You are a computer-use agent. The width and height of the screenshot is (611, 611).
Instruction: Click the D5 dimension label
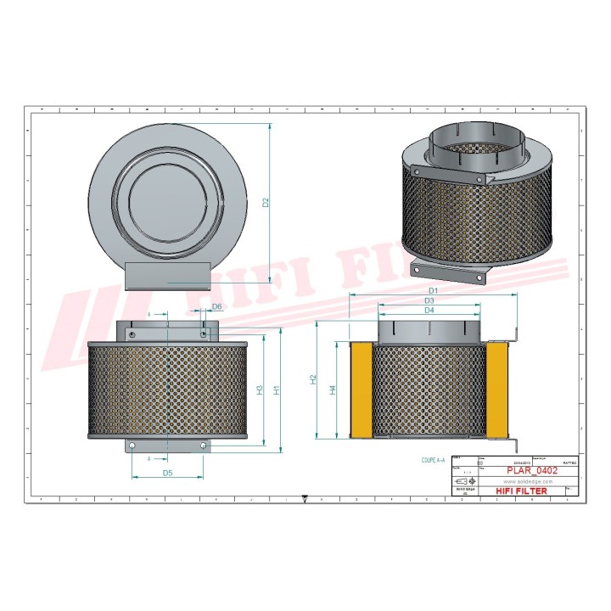click(x=168, y=473)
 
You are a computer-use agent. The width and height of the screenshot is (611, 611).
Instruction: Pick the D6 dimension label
click(x=216, y=306)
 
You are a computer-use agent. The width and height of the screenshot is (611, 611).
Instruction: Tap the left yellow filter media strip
click(x=362, y=390)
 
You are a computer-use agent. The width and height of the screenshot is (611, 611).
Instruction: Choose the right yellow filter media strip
click(x=497, y=390)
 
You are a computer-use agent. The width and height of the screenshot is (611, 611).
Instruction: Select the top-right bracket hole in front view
click(x=202, y=334)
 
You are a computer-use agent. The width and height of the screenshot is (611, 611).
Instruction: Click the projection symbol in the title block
click(x=466, y=481)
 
